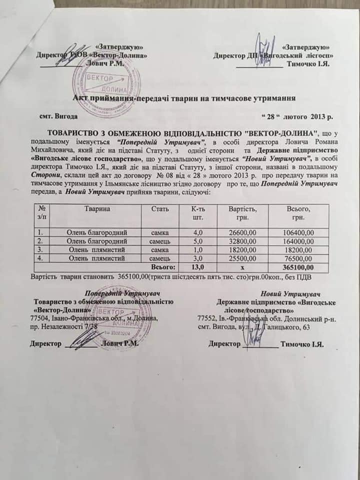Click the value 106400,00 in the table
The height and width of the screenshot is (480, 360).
tap(299, 232)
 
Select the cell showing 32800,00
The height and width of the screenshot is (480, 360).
tap(242, 241)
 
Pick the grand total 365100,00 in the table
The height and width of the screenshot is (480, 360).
tap(299, 267)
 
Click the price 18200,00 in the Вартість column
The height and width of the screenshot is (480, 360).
tap(242, 249)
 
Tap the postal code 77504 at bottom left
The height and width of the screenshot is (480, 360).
tap(40, 318)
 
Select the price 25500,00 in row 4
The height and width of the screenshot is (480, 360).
tap(242, 258)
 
